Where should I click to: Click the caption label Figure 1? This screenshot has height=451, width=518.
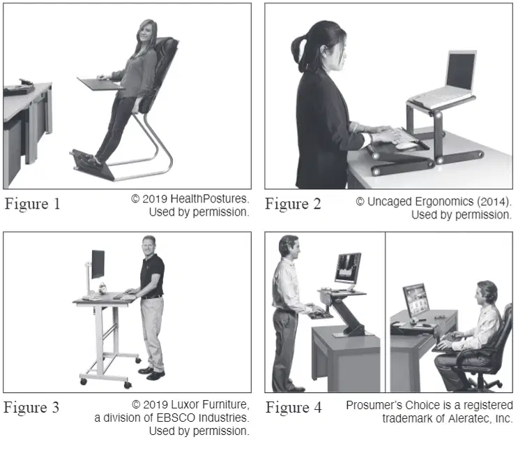pos(32,203)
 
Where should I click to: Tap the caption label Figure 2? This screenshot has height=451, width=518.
pos(293,204)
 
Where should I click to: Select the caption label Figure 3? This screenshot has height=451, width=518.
pos(31,407)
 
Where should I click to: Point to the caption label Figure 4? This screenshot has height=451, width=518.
pos(294,407)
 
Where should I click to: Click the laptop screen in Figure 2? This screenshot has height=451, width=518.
pos(461,71)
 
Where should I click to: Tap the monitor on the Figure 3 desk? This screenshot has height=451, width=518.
pos(98,264)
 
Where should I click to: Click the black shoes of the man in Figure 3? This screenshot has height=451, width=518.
pos(151,373)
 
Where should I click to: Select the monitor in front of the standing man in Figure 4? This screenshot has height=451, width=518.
pos(348,268)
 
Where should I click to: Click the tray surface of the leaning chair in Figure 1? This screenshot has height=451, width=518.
pos(100,84)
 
